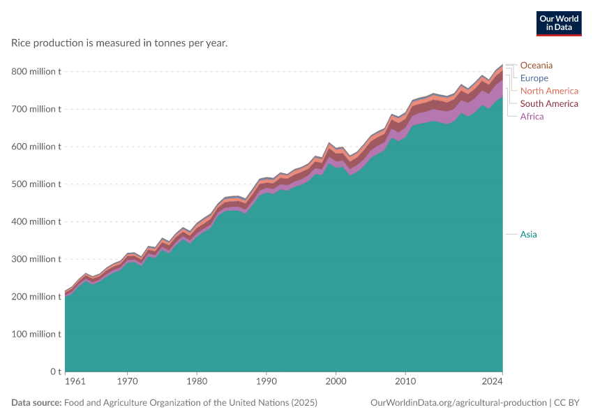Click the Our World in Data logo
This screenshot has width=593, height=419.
coord(559,24)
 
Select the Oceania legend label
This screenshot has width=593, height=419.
coord(536,65)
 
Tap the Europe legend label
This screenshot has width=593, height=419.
coord(534,78)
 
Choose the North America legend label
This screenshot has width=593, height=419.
coord(549,91)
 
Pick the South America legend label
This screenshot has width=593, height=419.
coord(549,104)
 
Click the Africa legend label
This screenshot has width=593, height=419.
coord(532,116)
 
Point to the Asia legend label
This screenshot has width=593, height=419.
coord(528,235)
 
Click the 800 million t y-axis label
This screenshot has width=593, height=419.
coord(36,71)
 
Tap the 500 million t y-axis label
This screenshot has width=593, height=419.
coord(36,184)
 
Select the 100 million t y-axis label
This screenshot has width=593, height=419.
coord(36,335)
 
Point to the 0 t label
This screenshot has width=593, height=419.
coord(56,372)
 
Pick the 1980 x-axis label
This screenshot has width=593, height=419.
coord(197,381)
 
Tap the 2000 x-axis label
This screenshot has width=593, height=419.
coord(336,381)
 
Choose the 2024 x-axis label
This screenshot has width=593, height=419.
coord(492,381)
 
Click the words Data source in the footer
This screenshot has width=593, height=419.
coord(36,402)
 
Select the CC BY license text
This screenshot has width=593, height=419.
coord(566,402)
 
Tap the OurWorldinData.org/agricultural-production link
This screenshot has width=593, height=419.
coord(458,403)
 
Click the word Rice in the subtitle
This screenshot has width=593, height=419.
coord(21,43)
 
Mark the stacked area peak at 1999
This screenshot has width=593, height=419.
coord(329,143)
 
